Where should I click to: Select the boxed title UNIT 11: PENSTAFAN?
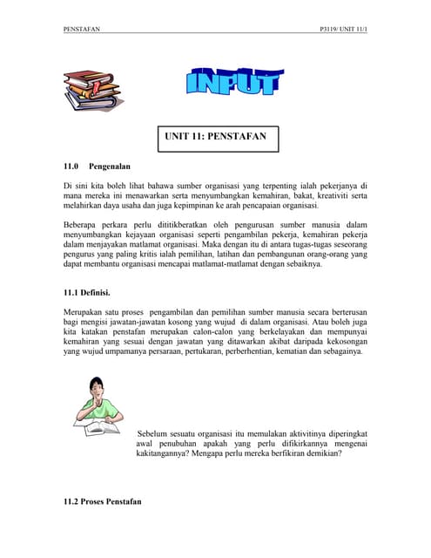pos(216,138)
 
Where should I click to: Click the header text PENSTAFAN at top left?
pos(82,30)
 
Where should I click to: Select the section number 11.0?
pos(72,165)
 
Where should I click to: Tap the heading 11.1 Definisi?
pos(91,294)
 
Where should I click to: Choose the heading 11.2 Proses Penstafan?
pos(102,503)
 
